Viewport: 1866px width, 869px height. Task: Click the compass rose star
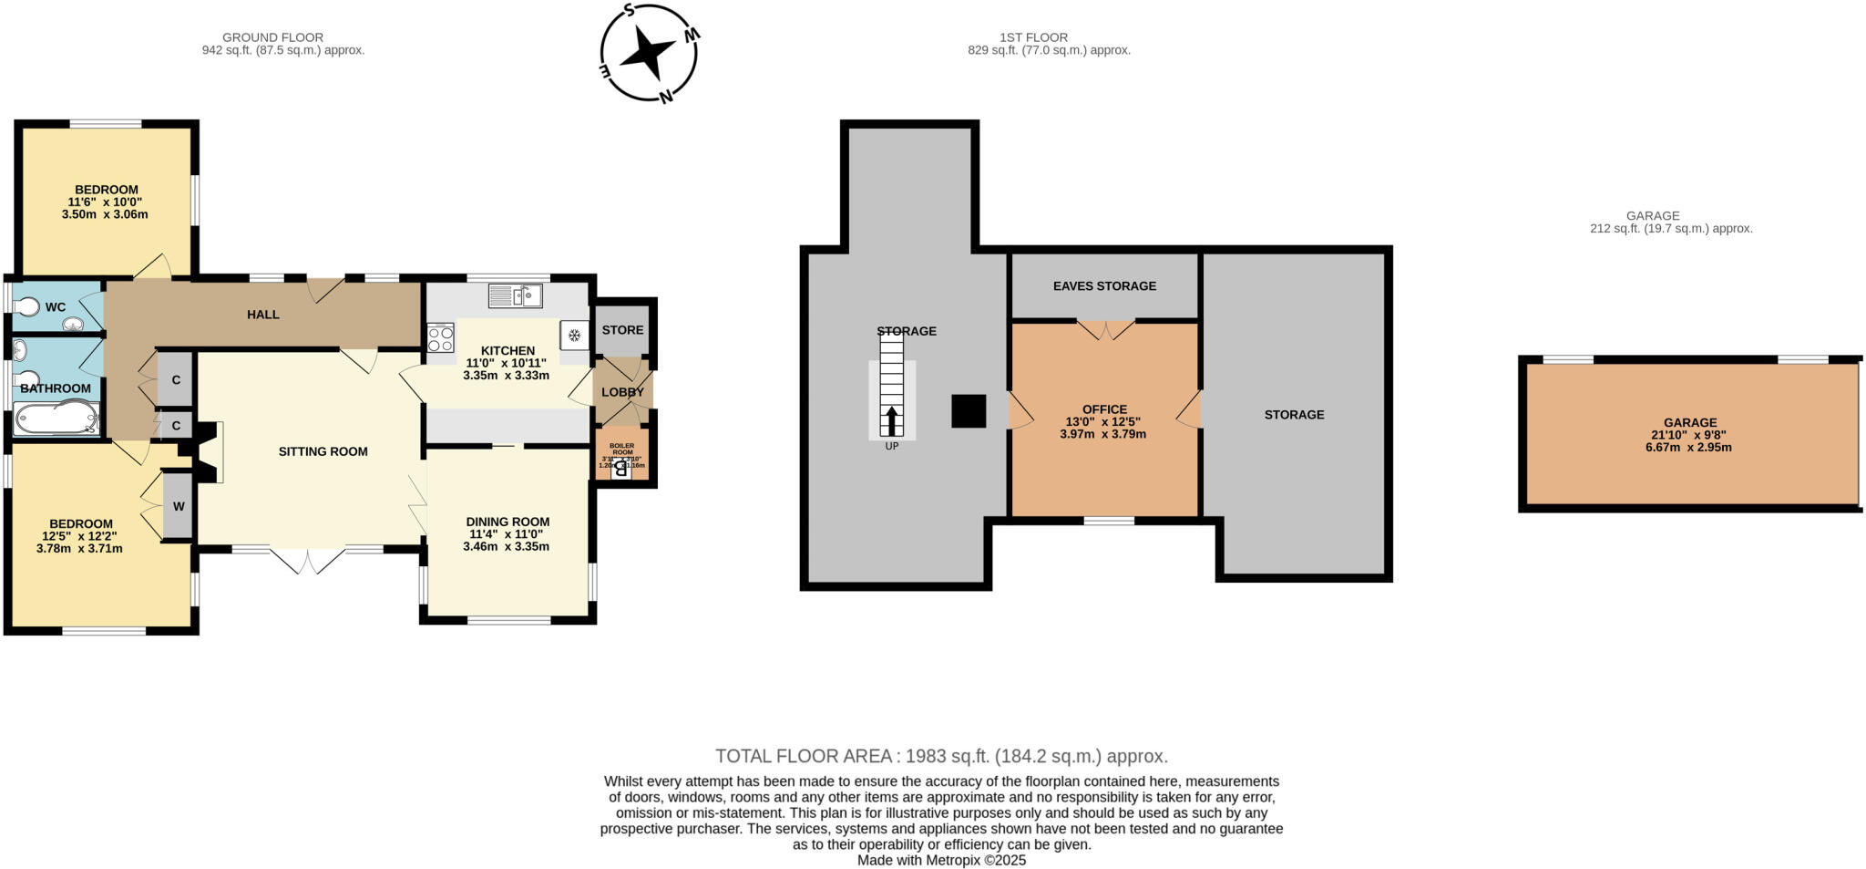tap(650, 54)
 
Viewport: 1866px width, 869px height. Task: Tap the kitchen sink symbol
tap(515, 295)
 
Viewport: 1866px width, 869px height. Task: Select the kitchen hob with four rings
tap(440, 338)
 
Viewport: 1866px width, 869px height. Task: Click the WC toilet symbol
tap(28, 308)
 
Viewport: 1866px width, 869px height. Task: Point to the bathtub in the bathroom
tap(55, 419)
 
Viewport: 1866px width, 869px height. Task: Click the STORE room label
tap(622, 330)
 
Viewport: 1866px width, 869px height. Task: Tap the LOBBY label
tap(622, 392)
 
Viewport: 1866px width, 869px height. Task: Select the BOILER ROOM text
tap(621, 449)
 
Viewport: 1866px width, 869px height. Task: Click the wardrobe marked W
tap(179, 506)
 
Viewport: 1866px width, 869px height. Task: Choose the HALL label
tap(263, 315)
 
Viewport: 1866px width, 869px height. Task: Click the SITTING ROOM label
tap(323, 451)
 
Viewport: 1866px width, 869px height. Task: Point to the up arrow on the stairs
tap(891, 422)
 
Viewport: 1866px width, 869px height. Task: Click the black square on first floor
tap(969, 411)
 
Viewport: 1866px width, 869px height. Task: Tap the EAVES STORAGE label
tap(1104, 286)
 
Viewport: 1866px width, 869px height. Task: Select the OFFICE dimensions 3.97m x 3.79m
tap(1102, 434)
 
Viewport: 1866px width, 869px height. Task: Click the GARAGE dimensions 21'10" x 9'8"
tap(1690, 435)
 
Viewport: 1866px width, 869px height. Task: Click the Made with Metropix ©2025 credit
tap(941, 860)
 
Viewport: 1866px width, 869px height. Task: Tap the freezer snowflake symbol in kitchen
tap(575, 336)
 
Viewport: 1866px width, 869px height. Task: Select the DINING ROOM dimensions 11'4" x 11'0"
tap(506, 534)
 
